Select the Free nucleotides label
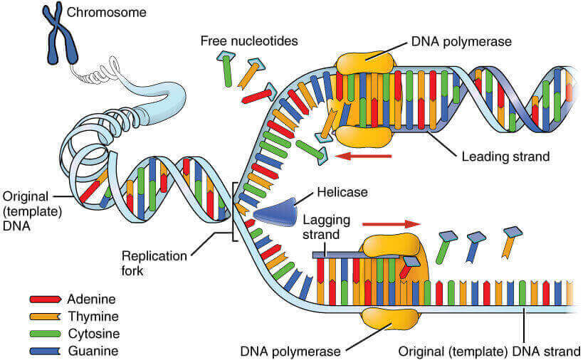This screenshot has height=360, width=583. tap(248, 41)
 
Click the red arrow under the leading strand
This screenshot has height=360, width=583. tap(362, 156)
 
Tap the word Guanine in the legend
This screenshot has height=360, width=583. tap(92, 350)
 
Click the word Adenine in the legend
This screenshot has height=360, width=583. tap(90, 299)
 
